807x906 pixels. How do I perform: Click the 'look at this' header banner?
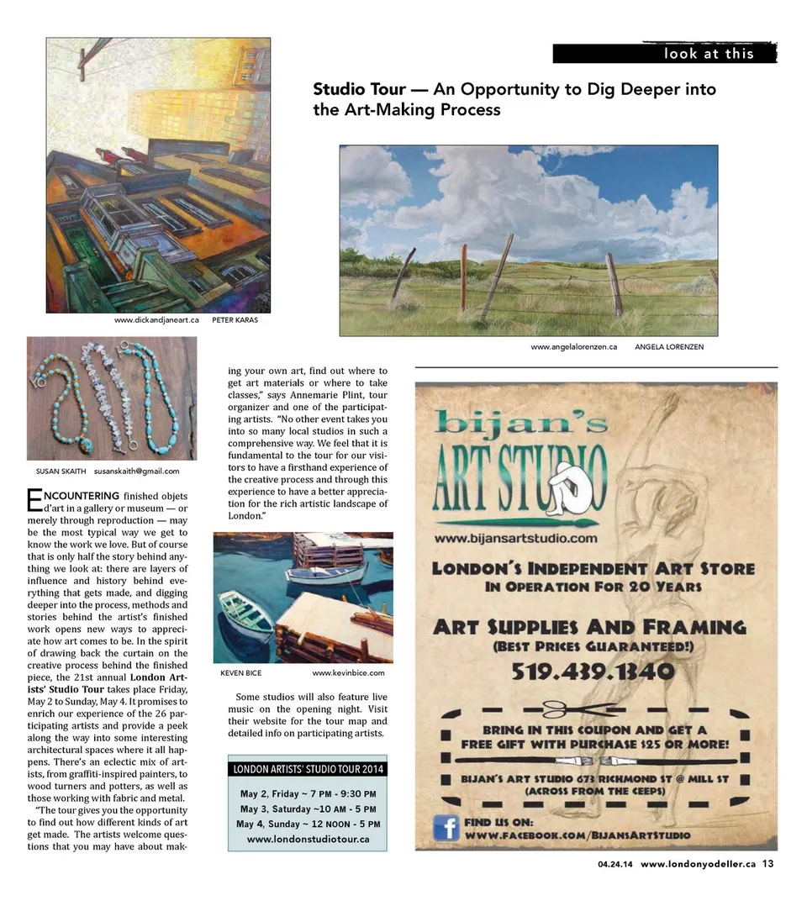coord(664,54)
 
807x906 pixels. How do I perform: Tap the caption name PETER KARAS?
coord(235,320)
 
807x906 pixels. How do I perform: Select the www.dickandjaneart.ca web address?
coord(156,320)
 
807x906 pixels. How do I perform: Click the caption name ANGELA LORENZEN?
coord(669,346)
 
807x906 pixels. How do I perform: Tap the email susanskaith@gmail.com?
coord(137,471)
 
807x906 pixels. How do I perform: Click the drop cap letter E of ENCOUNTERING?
coord(34,501)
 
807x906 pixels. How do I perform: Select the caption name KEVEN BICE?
coord(240,673)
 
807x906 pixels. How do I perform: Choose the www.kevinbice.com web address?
coord(348,673)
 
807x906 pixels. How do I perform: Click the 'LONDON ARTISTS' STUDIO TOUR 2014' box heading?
coord(308,769)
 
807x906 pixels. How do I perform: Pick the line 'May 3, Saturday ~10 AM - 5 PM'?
coord(308,809)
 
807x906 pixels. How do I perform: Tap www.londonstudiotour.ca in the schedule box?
coord(308,839)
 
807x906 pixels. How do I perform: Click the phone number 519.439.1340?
coord(591,672)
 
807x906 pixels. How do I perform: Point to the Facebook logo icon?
coord(445,828)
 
